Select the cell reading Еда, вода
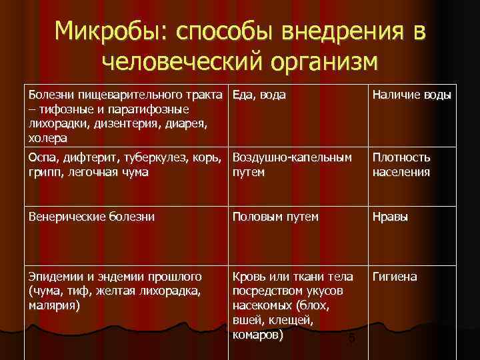pyautogui.click(x=259, y=95)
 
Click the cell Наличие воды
pyautogui.click(x=411, y=95)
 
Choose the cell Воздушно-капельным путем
pyautogui.click(x=292, y=165)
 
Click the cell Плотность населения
pyautogui.click(x=401, y=165)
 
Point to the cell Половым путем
pyautogui.click(x=275, y=217)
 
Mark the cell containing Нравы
pyautogui.click(x=391, y=217)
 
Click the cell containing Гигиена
pyautogui.click(x=395, y=276)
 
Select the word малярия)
pyautogui.click(x=54, y=305)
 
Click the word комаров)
pyautogui.click(x=257, y=335)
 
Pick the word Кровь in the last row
pyautogui.click(x=248, y=276)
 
